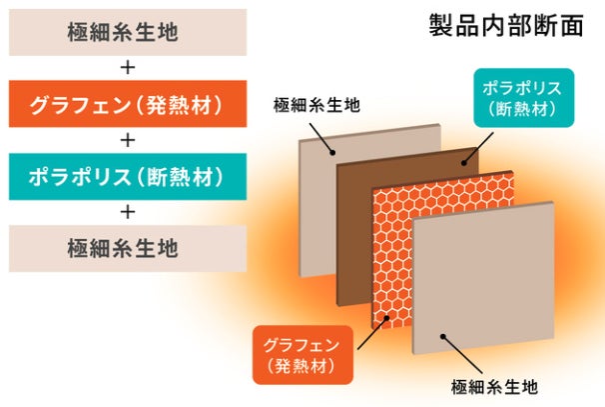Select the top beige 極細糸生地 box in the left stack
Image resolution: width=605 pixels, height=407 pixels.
[127, 32]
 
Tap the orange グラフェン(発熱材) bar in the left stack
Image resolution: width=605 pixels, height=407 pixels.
[127, 104]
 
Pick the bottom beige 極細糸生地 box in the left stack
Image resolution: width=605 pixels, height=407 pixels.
[127, 247]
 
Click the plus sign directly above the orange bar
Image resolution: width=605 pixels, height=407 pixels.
[127, 68]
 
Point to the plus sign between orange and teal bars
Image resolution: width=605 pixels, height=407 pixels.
[127, 140]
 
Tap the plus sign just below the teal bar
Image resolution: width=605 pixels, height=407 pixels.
[127, 211]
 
